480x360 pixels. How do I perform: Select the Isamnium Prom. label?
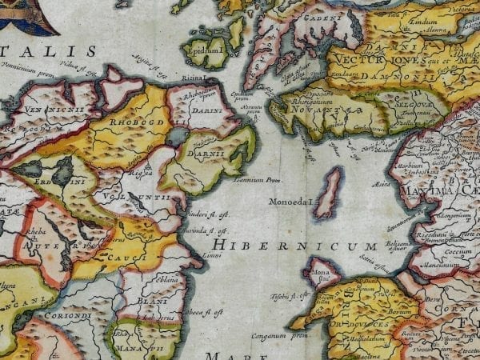coord(269,180)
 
